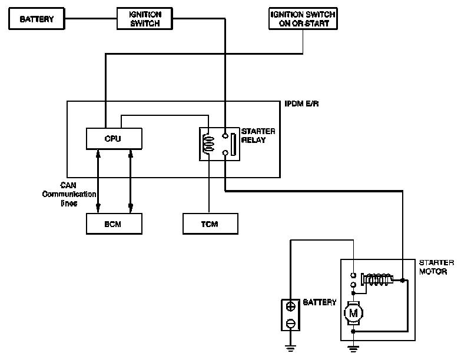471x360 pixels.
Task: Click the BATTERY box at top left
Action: pyautogui.click(x=37, y=19)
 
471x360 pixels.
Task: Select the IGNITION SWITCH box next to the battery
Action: pyautogui.click(x=145, y=19)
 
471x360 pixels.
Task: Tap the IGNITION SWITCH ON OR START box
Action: pyautogui.click(x=303, y=19)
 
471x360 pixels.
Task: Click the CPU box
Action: pyautogui.click(x=114, y=138)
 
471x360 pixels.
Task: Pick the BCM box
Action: pyautogui.click(x=114, y=224)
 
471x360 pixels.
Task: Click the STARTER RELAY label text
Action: pyautogui.click(x=258, y=136)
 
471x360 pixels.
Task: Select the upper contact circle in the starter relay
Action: pyautogui.click(x=225, y=135)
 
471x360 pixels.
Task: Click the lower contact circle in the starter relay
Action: pyautogui.click(x=225, y=154)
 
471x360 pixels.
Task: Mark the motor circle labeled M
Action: pyautogui.click(x=353, y=313)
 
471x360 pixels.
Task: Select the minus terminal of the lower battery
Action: pyautogui.click(x=290, y=324)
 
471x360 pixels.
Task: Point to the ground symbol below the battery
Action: pyautogui.click(x=290, y=348)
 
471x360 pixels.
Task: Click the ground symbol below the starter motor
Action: pyautogui.click(x=353, y=348)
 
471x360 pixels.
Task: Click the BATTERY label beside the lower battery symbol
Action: pyautogui.click(x=320, y=302)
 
